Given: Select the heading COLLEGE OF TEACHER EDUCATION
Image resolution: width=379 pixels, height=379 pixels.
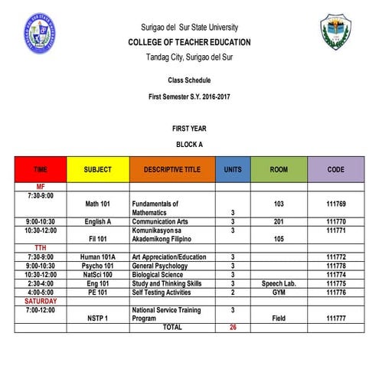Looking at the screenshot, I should point(188,41).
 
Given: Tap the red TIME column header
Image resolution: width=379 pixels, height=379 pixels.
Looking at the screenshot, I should point(40,169).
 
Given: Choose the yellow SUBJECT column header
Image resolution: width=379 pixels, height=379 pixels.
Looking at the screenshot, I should point(97,169).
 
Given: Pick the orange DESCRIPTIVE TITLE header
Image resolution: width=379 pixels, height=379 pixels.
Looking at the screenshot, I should point(172,169).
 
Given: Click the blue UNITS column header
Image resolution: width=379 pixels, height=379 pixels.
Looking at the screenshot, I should point(232,169).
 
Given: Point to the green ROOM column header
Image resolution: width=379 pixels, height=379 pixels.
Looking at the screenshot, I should point(278,169).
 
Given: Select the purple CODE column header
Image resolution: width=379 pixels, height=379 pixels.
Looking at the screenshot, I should point(335,169).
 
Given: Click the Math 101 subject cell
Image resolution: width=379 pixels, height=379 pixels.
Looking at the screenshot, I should point(97,204).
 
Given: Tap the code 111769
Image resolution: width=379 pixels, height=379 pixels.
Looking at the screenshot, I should point(336,204).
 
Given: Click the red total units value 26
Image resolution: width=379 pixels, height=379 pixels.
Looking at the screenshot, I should point(232,328).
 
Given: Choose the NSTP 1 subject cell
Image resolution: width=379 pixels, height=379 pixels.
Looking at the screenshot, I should point(97,318).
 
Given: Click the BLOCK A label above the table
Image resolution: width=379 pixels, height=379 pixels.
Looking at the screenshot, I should point(188,144).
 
